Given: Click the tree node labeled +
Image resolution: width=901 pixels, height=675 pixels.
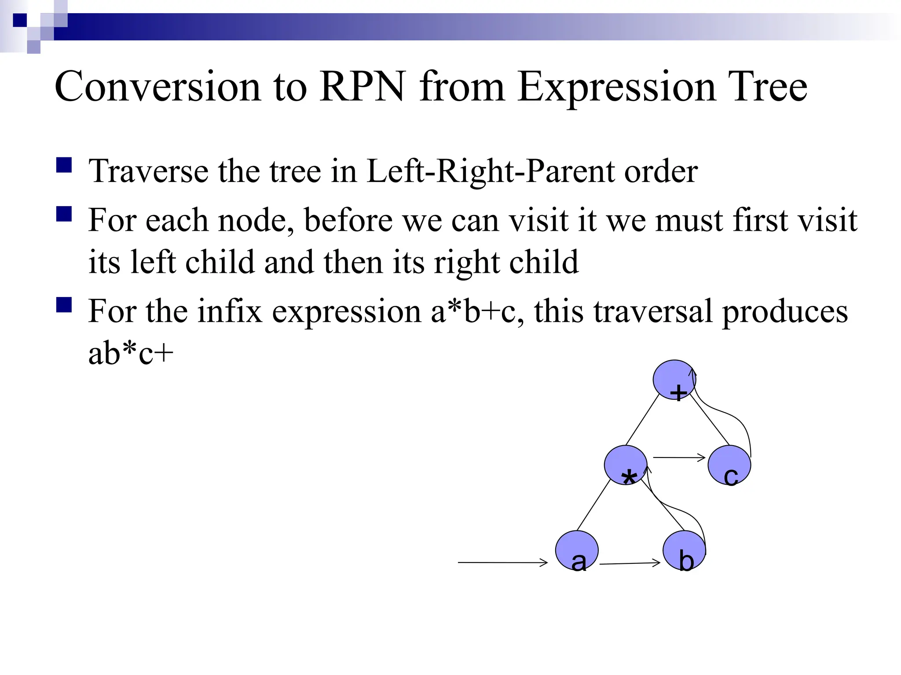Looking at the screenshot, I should point(674,380).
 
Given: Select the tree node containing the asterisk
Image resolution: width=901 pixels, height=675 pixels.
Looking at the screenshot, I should point(625,465).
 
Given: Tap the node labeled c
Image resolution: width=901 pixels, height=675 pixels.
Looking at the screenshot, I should point(729,465).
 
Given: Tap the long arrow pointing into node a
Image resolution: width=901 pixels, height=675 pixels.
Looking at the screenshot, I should point(502,562).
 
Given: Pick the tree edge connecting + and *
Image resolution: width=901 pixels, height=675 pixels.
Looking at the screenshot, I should point(642,420).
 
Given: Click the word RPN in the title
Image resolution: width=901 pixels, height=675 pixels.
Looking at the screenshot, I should point(362,87).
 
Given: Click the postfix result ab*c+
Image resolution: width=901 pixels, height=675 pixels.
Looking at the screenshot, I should point(131,354).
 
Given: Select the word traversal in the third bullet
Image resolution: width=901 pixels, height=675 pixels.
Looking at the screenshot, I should point(653,311).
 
